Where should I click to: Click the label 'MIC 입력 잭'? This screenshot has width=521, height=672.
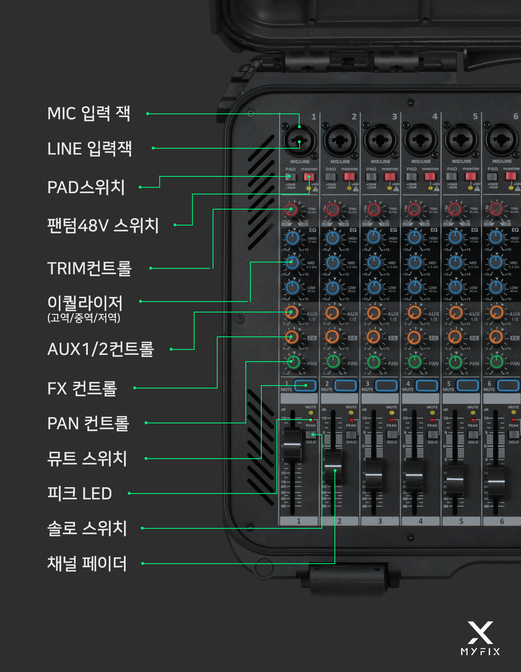pyautogui.click(x=89, y=113)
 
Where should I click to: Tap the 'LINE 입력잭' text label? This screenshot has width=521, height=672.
pyautogui.click(x=89, y=149)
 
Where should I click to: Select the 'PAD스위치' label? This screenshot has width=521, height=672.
pyautogui.click(x=86, y=187)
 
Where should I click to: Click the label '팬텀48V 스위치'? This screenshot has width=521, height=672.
pyautogui.click(x=103, y=226)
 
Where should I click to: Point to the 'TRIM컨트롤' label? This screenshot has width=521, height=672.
pyautogui.click(x=89, y=268)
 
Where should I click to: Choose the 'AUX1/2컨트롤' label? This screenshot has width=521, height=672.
pyautogui.click(x=101, y=349)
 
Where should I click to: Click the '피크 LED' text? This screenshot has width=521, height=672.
pyautogui.click(x=79, y=493)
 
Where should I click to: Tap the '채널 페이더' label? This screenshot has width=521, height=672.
pyautogui.click(x=87, y=564)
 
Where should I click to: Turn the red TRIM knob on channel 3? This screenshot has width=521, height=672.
pyautogui.click(x=373, y=209)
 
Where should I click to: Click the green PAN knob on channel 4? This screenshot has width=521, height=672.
pyautogui.click(x=415, y=361)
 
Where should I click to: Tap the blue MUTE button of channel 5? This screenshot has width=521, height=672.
pyautogui.click(x=467, y=385)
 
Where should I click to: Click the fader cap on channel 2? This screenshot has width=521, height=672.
pyautogui.click(x=333, y=466)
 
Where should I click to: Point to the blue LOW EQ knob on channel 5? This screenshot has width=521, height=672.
pyautogui.click(x=455, y=288)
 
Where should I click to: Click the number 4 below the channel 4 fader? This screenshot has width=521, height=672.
pyautogui.click(x=421, y=521)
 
